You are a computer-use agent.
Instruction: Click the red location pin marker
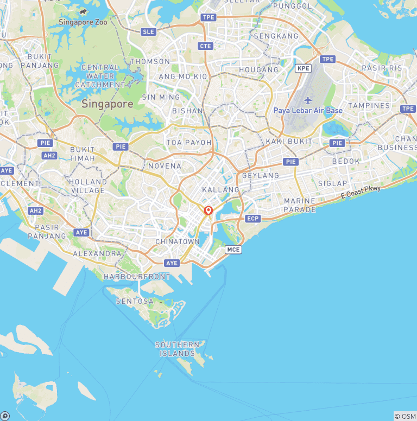click(x=208, y=211)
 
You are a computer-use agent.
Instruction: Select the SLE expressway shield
click(x=148, y=32)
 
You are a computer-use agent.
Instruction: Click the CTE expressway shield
click(x=205, y=46)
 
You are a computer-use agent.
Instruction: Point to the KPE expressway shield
click(x=303, y=68)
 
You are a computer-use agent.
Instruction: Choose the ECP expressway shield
click(x=253, y=219)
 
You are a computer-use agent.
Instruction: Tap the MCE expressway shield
click(x=233, y=250)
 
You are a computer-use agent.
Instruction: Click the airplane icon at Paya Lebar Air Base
click(x=308, y=100)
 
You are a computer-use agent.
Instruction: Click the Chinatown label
click(x=178, y=241)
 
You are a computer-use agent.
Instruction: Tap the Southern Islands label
click(x=177, y=349)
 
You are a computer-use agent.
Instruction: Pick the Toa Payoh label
click(x=188, y=143)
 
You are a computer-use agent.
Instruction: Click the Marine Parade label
click(x=300, y=205)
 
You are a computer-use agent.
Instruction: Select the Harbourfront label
click(x=137, y=276)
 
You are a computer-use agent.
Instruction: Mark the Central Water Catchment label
click(x=100, y=76)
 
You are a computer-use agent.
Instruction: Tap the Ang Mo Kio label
click(x=183, y=77)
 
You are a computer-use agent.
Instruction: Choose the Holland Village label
click(x=88, y=186)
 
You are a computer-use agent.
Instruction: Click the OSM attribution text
click(x=405, y=416)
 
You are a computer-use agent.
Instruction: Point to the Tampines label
click(x=369, y=105)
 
